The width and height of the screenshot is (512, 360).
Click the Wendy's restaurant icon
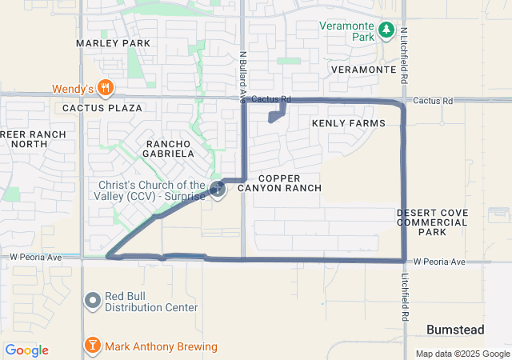[x=105, y=88]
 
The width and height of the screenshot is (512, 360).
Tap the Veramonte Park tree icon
[x=386, y=30]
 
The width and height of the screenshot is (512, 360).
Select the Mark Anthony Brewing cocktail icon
[x=93, y=346]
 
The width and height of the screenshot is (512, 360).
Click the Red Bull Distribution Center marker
[x=93, y=301]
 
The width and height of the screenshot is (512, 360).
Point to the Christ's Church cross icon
[x=218, y=190]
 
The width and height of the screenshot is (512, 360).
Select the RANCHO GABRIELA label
[x=169, y=148]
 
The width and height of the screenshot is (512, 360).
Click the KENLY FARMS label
[x=349, y=123]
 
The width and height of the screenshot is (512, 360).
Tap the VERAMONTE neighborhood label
[x=364, y=70]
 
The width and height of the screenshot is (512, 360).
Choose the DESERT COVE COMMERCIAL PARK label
[x=433, y=222]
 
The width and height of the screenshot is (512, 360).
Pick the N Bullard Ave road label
[x=242, y=78]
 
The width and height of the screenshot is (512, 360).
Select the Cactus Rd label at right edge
[x=434, y=101]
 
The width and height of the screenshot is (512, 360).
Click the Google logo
[x=26, y=350]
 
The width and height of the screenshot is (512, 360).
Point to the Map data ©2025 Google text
[x=462, y=354]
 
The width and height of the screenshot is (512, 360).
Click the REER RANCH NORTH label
[x=24, y=138]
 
